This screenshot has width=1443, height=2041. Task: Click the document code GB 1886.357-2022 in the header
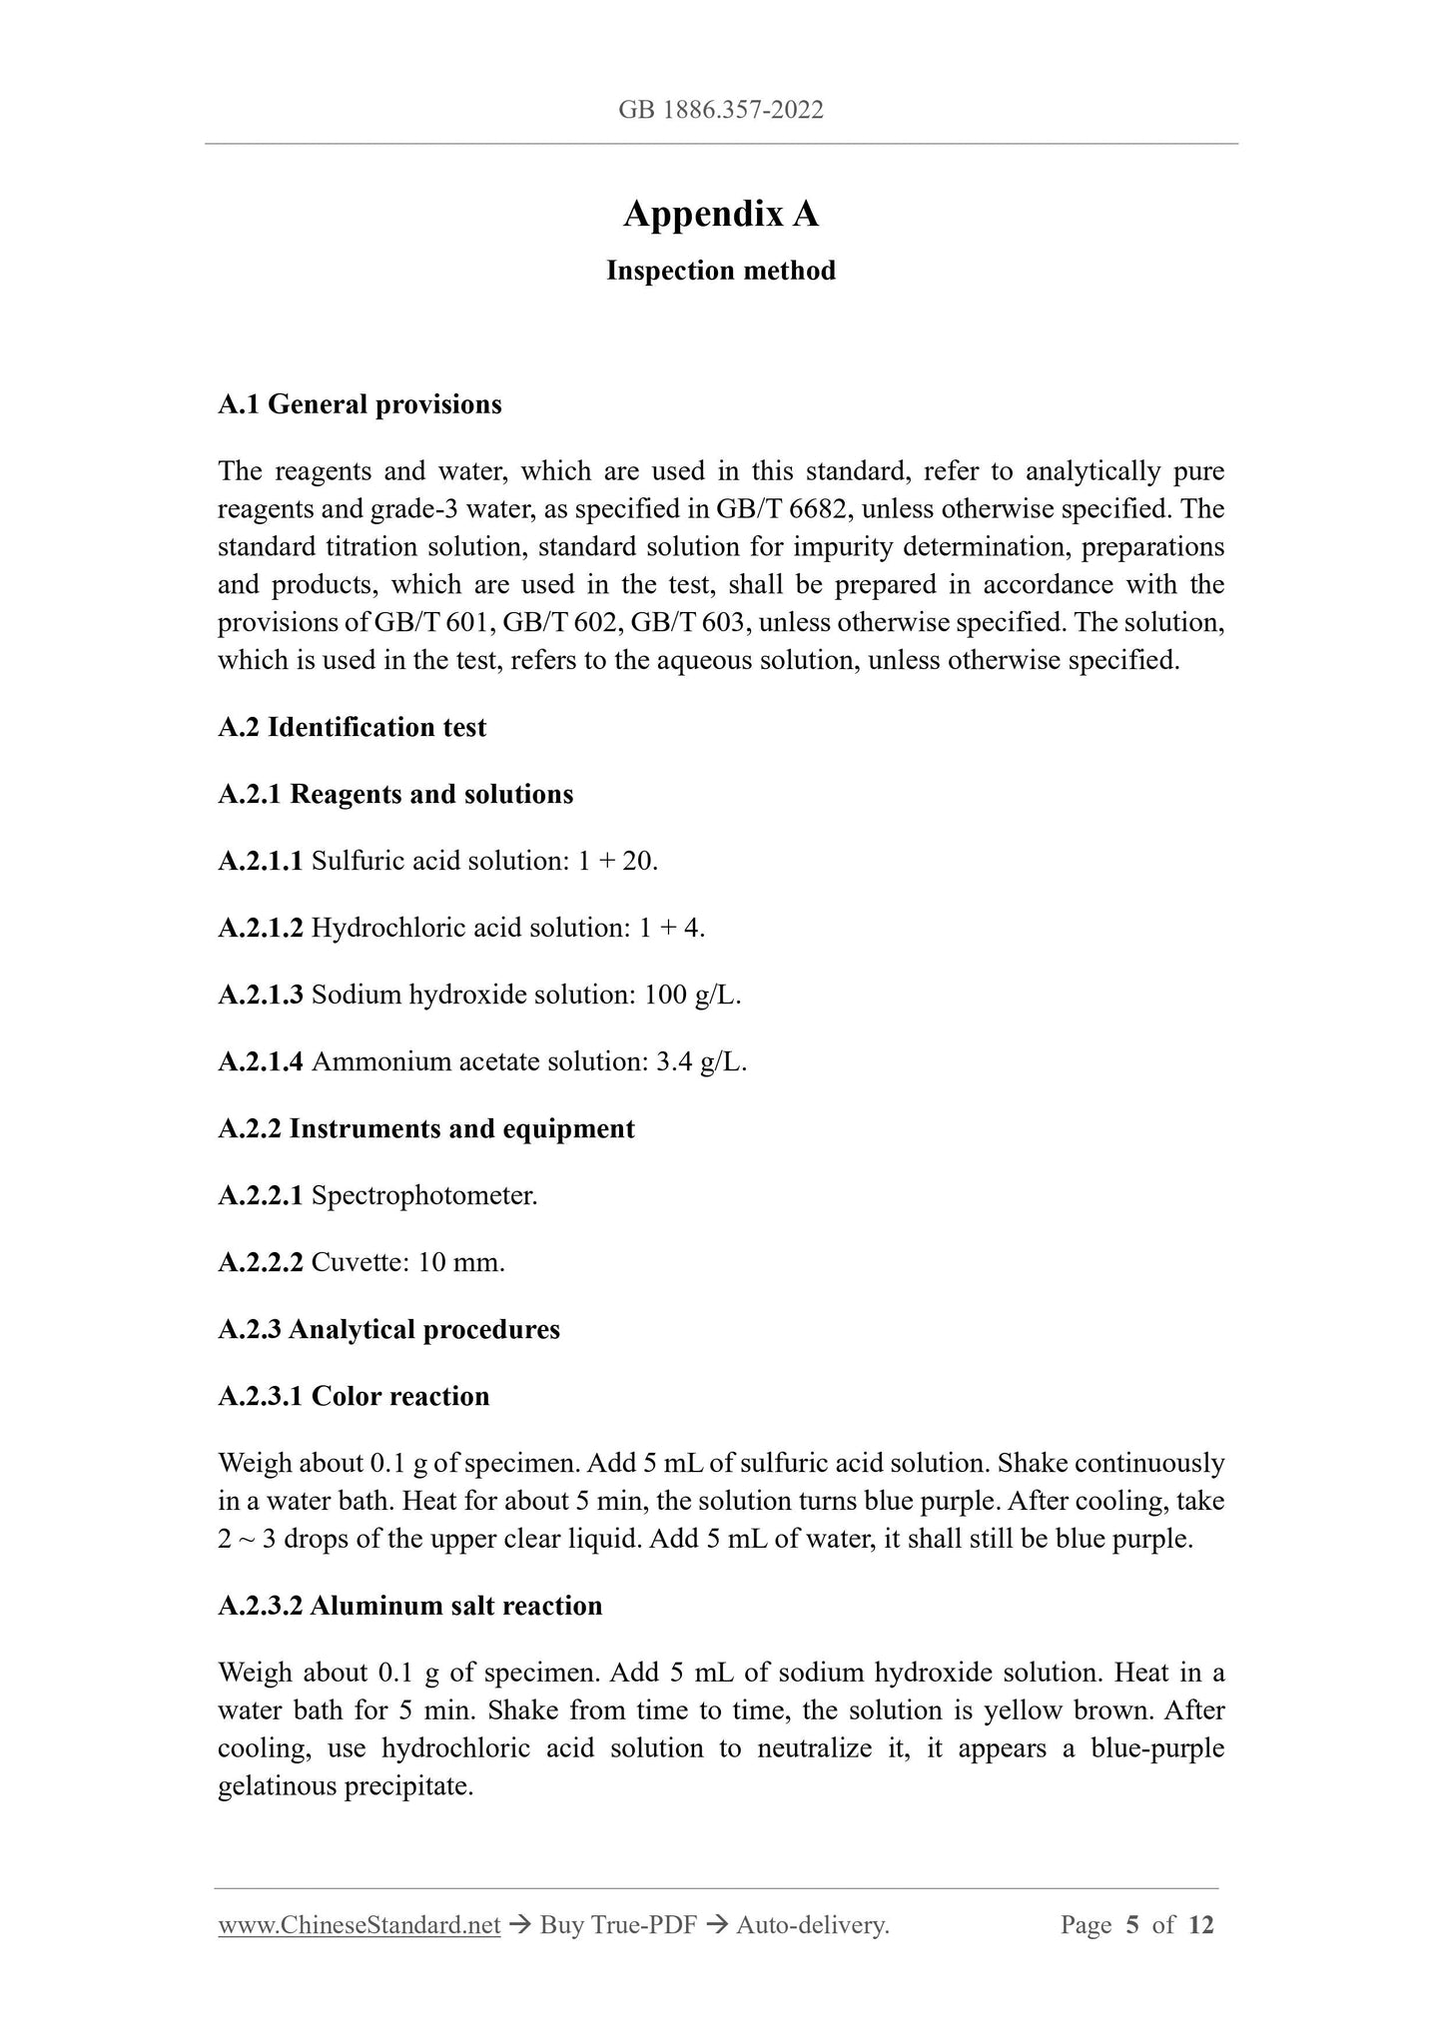(x=721, y=110)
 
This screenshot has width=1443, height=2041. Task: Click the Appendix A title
(x=721, y=215)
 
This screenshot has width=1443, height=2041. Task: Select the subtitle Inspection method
(x=721, y=271)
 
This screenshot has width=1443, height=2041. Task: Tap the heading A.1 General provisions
(x=360, y=404)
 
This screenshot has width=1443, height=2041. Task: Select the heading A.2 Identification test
(x=352, y=727)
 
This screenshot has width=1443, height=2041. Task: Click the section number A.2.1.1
(x=260, y=861)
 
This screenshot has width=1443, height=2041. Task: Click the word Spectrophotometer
(x=424, y=1195)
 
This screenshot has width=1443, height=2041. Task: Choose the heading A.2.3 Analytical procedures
(x=388, y=1329)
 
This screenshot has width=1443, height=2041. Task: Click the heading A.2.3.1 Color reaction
(x=354, y=1396)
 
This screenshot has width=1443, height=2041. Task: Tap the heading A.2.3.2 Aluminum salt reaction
(x=409, y=1606)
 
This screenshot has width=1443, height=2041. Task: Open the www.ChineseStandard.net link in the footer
(x=359, y=1925)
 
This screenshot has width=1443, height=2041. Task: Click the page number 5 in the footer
(x=1132, y=1925)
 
